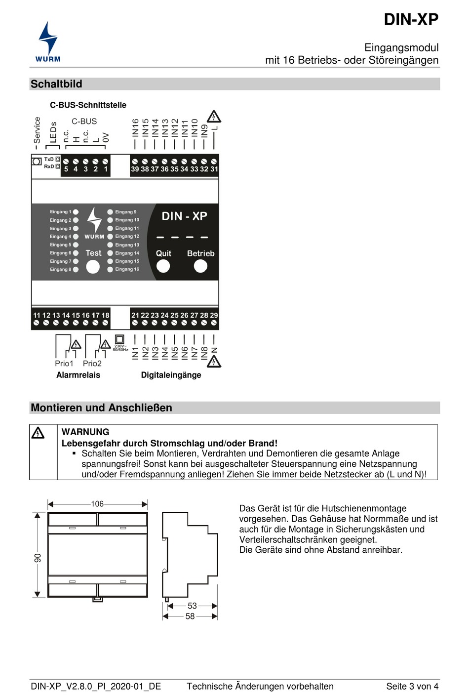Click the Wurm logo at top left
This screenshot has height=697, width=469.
coord(48,42)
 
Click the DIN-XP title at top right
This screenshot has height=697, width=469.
coord(411,20)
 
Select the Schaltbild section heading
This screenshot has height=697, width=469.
coord(56,84)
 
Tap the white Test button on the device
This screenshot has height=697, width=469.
coord(93,267)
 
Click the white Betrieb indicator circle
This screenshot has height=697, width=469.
coord(200,266)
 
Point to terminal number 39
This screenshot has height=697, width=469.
coord(135,169)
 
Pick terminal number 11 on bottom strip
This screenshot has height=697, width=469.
coord(37,315)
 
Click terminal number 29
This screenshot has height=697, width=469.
coord(214,315)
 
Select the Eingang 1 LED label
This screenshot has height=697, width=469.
coord(60,212)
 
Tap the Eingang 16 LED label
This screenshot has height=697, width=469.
coord(127,269)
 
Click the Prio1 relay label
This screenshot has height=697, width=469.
coord(64,364)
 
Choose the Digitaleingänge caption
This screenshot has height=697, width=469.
coord(171,375)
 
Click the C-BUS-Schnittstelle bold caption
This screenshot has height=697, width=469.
coord(88,105)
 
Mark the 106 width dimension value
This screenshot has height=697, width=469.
coord(97,504)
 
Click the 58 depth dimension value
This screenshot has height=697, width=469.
coord(190,616)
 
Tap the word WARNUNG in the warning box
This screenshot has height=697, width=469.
coord(85,432)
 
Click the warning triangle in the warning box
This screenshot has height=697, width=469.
coord(38,433)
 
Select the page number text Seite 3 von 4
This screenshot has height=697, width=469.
coord(412,686)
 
